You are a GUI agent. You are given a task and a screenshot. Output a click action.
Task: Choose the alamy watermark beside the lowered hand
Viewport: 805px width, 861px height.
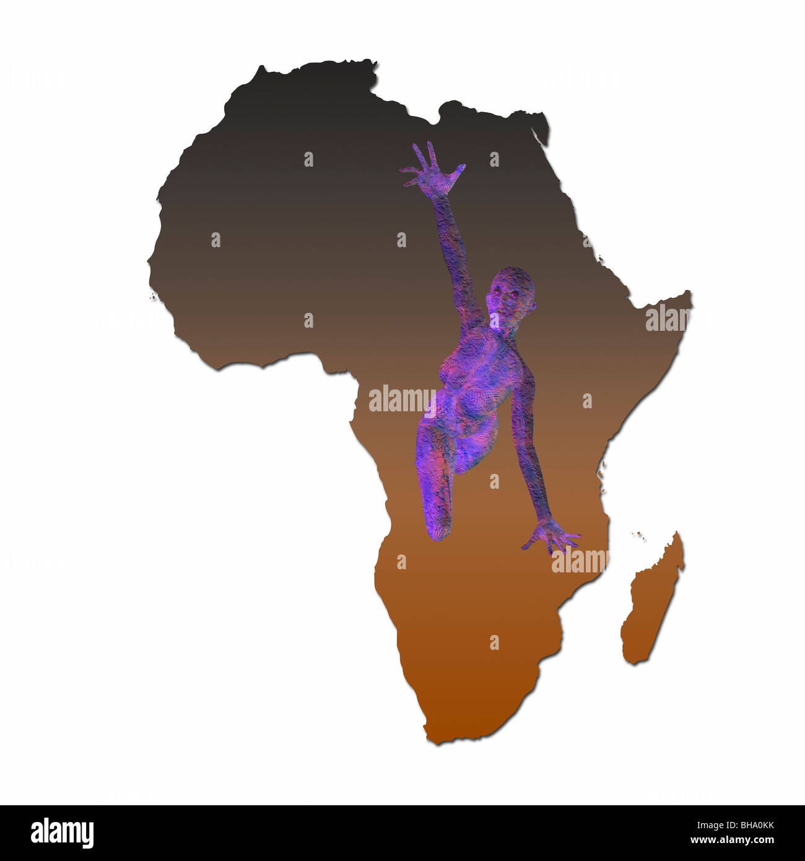tap(579, 561)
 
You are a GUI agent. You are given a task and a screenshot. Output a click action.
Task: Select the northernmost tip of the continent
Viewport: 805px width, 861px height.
tap(372, 62)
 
